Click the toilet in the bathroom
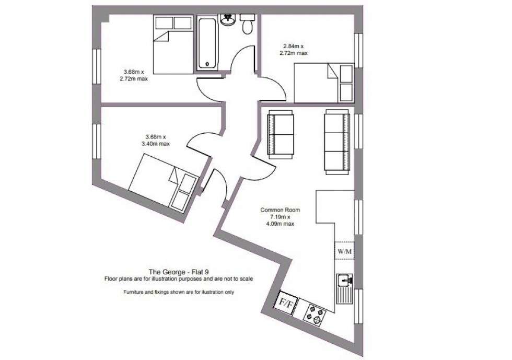tap(248, 24)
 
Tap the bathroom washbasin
tap(227, 20)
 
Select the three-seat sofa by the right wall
tap(336, 142)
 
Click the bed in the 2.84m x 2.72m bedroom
tap(324, 83)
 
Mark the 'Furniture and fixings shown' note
tap(179, 292)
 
